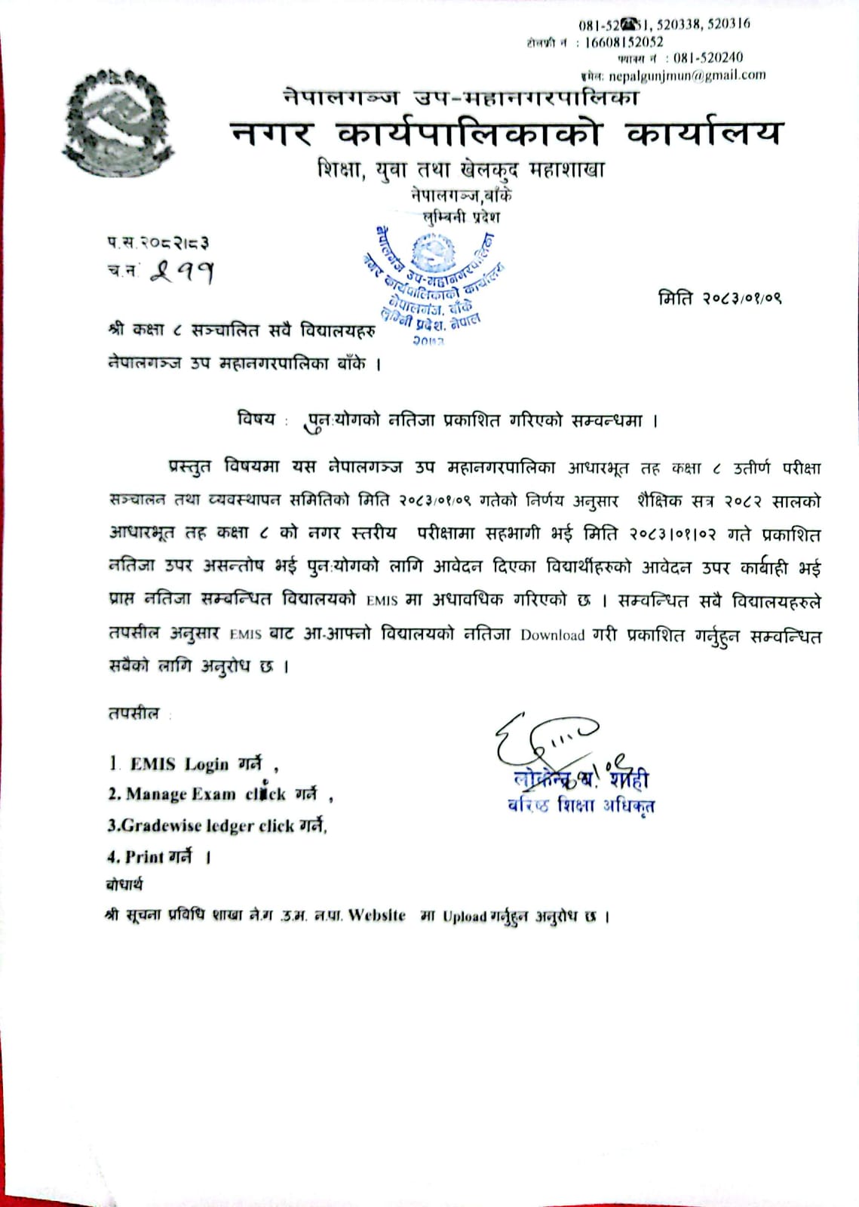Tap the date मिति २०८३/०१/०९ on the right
(x=719, y=298)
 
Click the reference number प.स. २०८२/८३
(x=158, y=243)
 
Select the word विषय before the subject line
(x=256, y=419)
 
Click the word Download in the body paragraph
(x=552, y=635)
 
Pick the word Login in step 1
(x=206, y=764)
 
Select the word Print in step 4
(x=144, y=857)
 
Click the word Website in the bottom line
(x=376, y=916)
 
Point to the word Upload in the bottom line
(x=465, y=917)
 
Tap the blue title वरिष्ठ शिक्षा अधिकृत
(x=581, y=806)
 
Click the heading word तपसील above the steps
(x=133, y=713)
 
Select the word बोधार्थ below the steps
(x=124, y=885)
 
